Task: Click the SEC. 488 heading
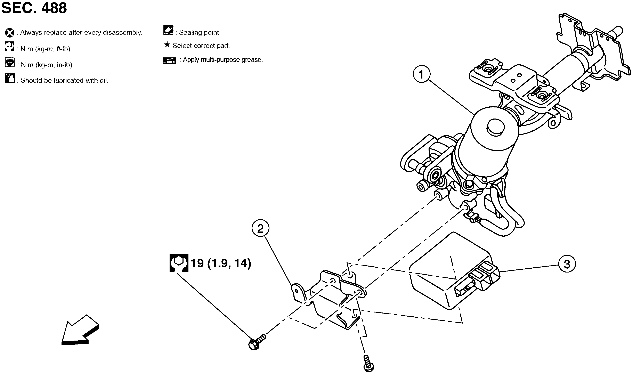[34, 8]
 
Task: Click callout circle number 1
[421, 74]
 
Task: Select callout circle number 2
[260, 228]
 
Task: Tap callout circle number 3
[567, 264]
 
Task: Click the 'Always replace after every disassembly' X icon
[10, 33]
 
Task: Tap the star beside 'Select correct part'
[167, 45]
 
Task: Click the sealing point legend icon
[168, 30]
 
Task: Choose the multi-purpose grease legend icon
[169, 60]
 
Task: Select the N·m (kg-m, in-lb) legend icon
[10, 63]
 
